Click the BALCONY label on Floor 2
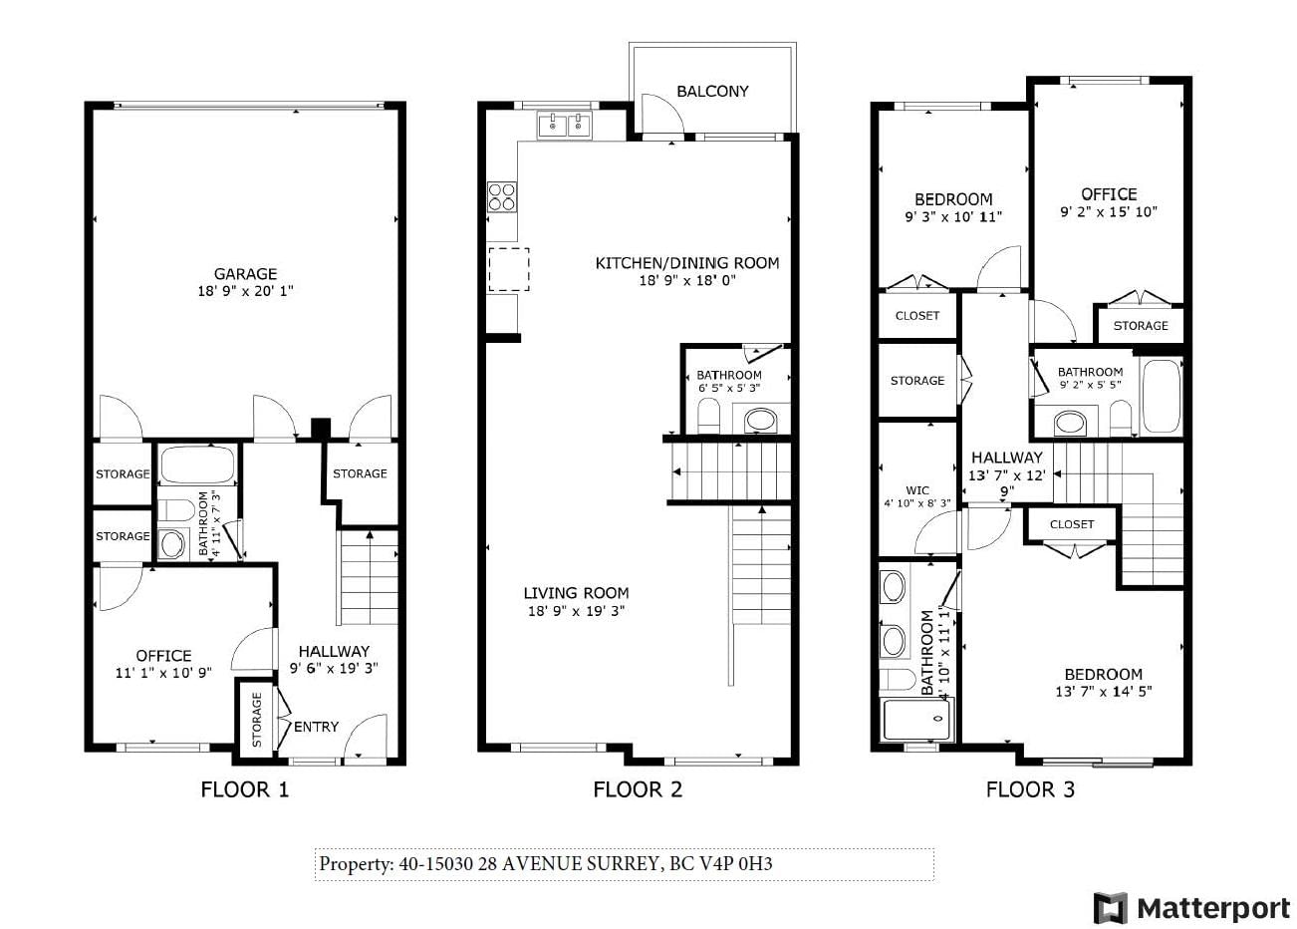(712, 92)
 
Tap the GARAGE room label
(245, 273)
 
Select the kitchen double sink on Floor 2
(564, 125)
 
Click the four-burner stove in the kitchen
(501, 197)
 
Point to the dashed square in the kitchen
(509, 269)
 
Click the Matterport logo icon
(1110, 907)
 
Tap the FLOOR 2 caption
(638, 789)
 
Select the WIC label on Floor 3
(917, 490)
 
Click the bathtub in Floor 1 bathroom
(197, 464)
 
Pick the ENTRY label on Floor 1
(316, 727)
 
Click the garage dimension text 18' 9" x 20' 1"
(245, 291)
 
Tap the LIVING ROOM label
(576, 593)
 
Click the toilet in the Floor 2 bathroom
(708, 415)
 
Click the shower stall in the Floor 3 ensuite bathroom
(915, 720)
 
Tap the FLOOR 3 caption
(1030, 789)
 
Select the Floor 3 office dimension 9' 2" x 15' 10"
(1109, 212)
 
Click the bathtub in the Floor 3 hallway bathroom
(1162, 396)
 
